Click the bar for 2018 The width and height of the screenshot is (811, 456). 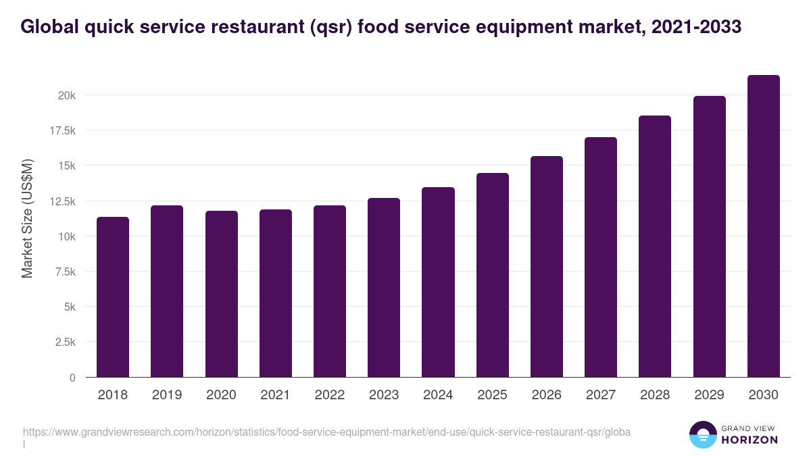[x=113, y=297]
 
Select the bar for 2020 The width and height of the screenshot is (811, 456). [x=222, y=294]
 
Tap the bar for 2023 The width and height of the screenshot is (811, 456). [x=384, y=288]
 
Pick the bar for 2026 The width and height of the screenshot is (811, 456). [x=547, y=267]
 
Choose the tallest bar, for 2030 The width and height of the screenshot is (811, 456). [x=764, y=226]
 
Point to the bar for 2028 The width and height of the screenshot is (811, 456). [x=655, y=247]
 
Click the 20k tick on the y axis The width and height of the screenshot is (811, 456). [x=66, y=95]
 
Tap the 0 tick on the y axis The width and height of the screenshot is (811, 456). [x=72, y=378]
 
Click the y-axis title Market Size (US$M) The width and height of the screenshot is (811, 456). [x=27, y=218]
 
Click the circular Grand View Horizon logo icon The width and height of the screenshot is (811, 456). [x=702, y=434]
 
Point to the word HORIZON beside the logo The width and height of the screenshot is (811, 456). [x=749, y=440]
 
